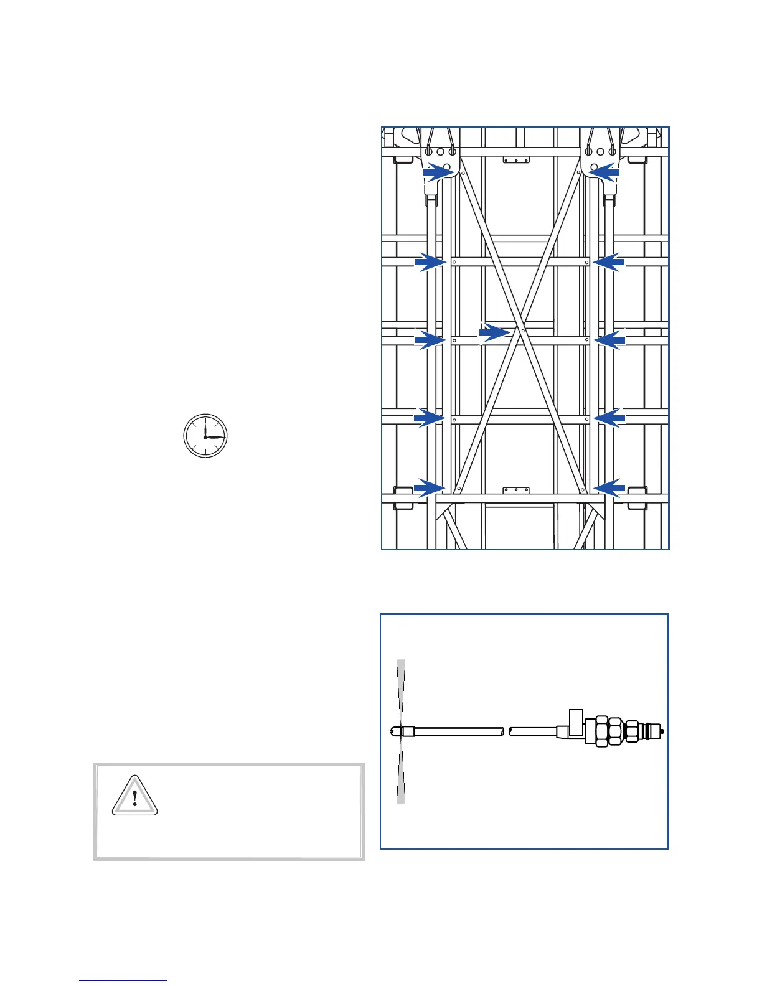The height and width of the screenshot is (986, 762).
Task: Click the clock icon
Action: (205, 436)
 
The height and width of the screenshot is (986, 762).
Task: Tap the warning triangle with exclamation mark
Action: (134, 796)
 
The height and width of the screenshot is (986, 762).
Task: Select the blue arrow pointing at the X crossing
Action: (494, 333)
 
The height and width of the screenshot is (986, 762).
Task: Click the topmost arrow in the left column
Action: (438, 172)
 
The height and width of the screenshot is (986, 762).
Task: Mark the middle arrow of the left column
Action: (431, 340)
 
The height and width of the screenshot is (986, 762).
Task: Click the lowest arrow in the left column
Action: (430, 487)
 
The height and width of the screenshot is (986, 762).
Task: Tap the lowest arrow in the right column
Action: (609, 487)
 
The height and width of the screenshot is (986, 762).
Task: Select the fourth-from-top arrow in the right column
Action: (609, 418)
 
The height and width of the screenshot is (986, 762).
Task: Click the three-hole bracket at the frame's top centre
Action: (515, 160)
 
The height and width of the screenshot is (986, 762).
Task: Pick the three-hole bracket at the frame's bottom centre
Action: (515, 491)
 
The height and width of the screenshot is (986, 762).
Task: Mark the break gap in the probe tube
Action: (506, 732)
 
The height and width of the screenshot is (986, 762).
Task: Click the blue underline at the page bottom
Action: (123, 981)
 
